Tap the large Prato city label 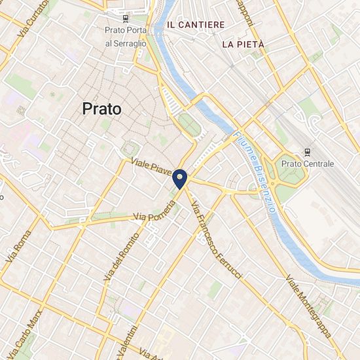tap(102, 109)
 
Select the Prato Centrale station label tap(308, 163)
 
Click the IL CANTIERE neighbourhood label tap(196, 24)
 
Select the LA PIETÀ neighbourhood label tap(243, 45)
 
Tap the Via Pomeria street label tap(154, 211)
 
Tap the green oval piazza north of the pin tap(189, 124)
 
